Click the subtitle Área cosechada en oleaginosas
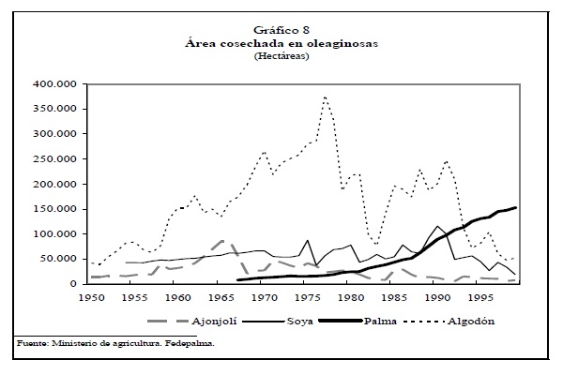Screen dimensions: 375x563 click(281, 43)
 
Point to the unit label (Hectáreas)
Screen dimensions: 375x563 click(281, 56)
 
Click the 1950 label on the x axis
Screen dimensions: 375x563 click(90, 297)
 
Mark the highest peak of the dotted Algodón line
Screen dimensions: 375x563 click(325, 96)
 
